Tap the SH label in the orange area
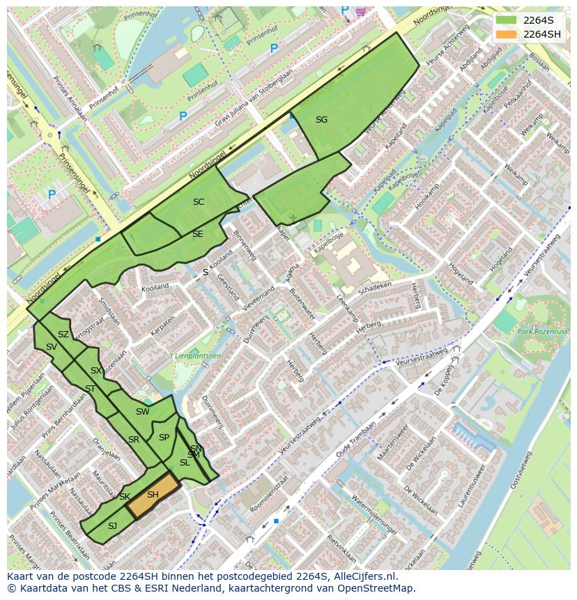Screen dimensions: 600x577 pyautogui.click(x=153, y=495)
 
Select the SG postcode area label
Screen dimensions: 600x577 pyautogui.click(x=321, y=120)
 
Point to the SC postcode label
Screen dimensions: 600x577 pyautogui.click(x=199, y=202)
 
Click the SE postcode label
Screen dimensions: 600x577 pyautogui.click(x=197, y=234)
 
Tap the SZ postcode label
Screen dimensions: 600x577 pyautogui.click(x=63, y=334)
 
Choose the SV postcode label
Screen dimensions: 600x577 pyautogui.click(x=52, y=347)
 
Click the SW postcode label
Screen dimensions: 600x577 pyautogui.click(x=142, y=412)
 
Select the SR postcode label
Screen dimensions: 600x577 pyautogui.click(x=134, y=440)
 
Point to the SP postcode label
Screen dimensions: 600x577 pyautogui.click(x=164, y=438)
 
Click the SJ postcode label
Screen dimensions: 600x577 pyautogui.click(x=112, y=525)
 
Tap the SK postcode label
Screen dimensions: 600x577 pyautogui.click(x=125, y=497)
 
